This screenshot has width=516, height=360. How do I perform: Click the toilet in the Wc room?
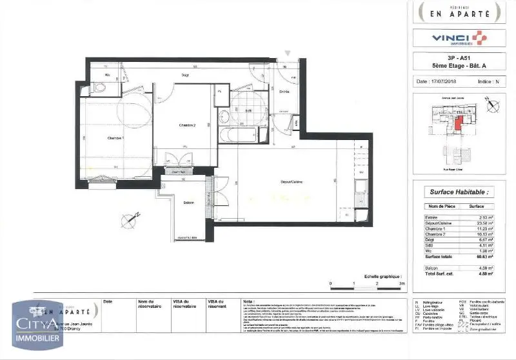point(99,88)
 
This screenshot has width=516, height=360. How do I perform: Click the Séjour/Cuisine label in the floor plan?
point(288,183)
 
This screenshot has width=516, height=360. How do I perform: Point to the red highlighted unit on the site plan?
point(457,123)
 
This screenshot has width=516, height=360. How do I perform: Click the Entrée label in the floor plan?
point(284,92)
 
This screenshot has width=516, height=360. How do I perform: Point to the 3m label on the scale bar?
point(401,283)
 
